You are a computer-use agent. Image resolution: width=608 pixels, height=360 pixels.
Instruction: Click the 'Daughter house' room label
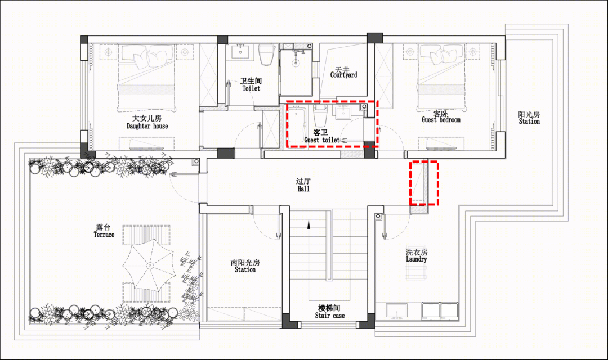click(x=147, y=126)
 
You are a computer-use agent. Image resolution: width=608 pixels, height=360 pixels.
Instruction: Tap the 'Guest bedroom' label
click(x=441, y=120)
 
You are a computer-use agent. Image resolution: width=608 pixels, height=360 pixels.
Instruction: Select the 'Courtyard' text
click(x=343, y=75)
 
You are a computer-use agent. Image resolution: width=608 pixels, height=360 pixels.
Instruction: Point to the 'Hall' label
click(x=303, y=189)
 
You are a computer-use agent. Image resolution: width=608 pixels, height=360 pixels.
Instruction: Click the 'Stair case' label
click(x=329, y=316)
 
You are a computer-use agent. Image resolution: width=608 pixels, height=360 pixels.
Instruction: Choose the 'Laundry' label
click(x=417, y=259)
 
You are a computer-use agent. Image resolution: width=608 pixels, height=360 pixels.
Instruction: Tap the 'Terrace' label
click(x=104, y=235)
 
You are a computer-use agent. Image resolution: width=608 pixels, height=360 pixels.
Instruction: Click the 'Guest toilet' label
click(x=322, y=140)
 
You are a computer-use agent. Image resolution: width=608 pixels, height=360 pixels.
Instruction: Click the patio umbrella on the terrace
click(x=149, y=265)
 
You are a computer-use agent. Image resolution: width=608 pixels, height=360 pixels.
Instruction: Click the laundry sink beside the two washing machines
click(x=397, y=311)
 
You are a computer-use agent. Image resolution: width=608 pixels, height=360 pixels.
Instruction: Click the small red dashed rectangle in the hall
click(x=424, y=183)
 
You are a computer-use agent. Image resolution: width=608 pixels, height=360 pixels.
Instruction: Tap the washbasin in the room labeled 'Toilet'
click(x=240, y=52)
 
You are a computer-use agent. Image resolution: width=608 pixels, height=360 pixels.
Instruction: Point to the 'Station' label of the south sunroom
click(x=245, y=269)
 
